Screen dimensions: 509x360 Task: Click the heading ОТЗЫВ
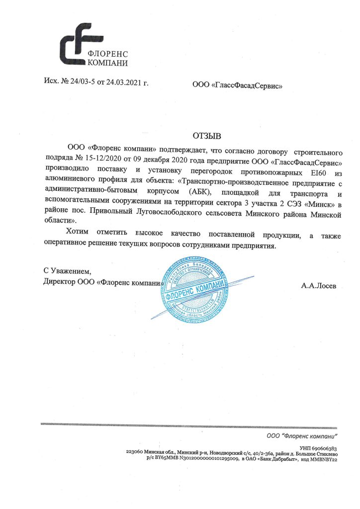point(206,136)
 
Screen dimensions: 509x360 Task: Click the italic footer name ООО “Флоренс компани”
point(302,436)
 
